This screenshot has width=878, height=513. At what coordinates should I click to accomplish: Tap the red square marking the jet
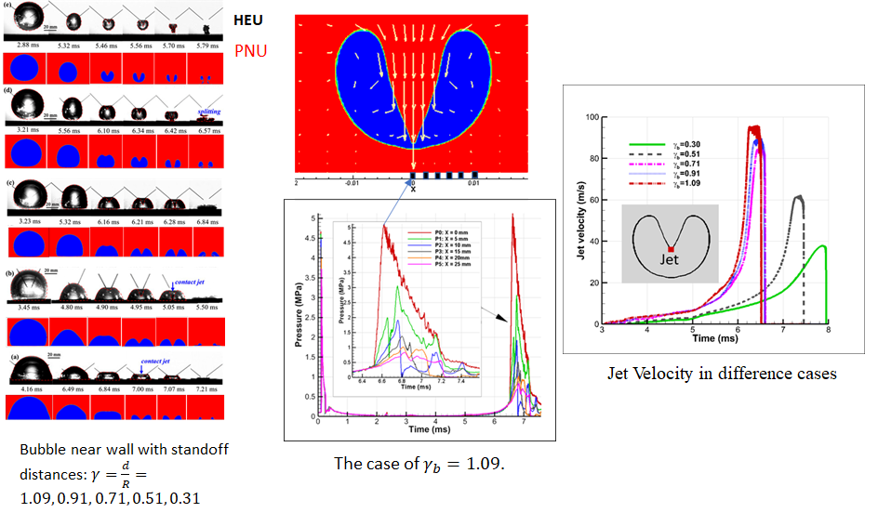click(x=670, y=248)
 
